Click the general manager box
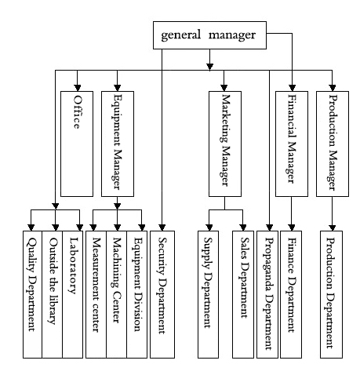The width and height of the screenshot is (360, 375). [209, 35]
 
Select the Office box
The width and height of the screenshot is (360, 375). [77, 144]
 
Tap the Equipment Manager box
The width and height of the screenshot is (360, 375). [118, 144]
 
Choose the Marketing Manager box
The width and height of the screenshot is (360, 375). [225, 144]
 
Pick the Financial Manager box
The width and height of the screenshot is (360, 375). [292, 144]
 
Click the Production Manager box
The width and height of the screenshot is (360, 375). [333, 144]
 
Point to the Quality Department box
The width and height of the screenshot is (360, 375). [32, 294]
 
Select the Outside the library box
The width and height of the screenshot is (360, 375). [53, 294]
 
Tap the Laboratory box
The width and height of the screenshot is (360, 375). [73, 294]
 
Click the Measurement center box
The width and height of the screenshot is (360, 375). [96, 294]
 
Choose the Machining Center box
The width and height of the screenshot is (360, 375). [117, 294]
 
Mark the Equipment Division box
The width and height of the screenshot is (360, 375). [137, 294]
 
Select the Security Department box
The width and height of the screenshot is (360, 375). [162, 294]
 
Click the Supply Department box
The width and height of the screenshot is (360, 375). [208, 294]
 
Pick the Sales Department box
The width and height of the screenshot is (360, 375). [243, 294]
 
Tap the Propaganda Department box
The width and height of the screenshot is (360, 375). [267, 294]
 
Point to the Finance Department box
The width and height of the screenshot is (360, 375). [291, 294]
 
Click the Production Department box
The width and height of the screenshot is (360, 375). [332, 294]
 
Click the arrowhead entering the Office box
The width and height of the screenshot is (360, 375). [77, 88]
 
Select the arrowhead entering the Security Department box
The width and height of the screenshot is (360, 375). [162, 228]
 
